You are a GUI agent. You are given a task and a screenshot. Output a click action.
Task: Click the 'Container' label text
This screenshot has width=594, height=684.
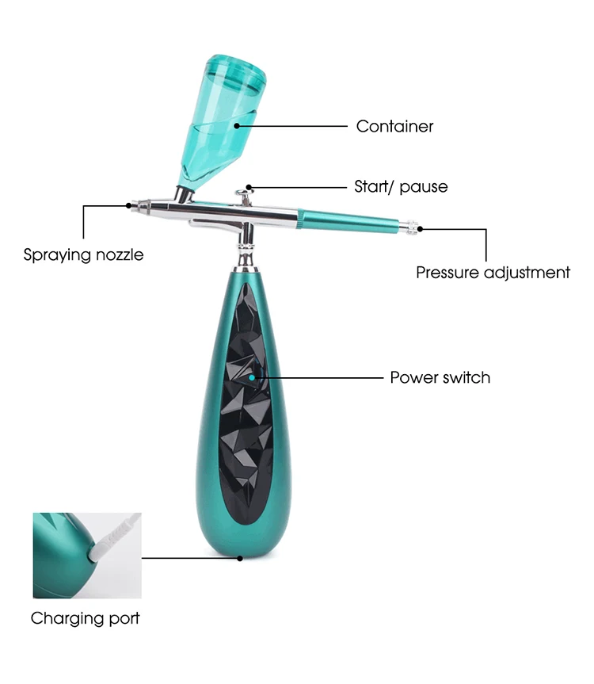[x=394, y=126]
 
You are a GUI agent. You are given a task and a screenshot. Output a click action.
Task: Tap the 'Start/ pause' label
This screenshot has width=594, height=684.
[x=400, y=187]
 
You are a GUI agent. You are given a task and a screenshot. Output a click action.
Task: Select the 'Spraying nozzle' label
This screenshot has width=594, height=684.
[x=83, y=255]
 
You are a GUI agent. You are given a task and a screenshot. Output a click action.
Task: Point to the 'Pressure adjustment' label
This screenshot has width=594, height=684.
[x=493, y=273]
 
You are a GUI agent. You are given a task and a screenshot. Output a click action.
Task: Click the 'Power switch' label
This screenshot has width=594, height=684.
[x=440, y=377]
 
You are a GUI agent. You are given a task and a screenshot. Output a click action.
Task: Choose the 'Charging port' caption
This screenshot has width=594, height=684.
[x=85, y=618]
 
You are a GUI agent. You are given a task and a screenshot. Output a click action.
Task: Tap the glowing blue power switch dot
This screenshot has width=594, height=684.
[x=253, y=377]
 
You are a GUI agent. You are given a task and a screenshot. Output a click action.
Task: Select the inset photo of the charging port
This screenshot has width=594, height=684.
[x=86, y=555]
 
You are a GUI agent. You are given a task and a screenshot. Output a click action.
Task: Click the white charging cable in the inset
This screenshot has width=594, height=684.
[x=116, y=535]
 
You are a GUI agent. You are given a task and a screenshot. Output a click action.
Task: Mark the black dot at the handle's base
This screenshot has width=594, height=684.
[x=240, y=557]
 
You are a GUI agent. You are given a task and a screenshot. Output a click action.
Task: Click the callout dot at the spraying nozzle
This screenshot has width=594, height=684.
[x=128, y=205]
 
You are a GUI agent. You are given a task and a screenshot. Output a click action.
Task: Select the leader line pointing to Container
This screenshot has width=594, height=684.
[x=293, y=125]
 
